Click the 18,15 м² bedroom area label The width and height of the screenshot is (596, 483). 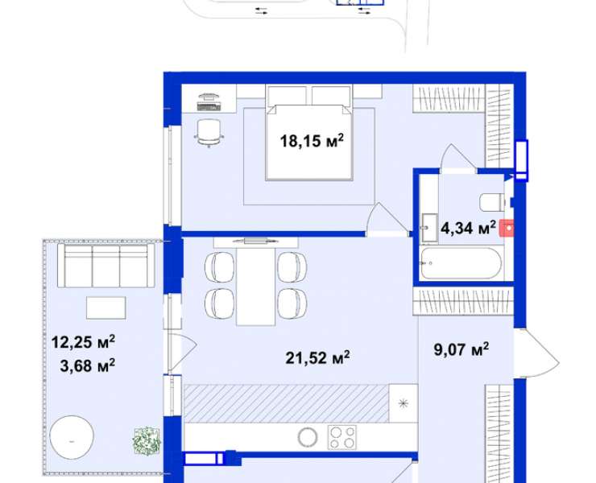coord(312,141)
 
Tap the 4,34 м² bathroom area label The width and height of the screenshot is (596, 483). coord(468,228)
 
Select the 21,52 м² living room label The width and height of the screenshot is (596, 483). coord(317,357)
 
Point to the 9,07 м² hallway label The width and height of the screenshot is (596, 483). coord(461,349)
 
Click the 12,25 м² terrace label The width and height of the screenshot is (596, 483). coord(83,342)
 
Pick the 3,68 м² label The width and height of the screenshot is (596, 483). coord(88,366)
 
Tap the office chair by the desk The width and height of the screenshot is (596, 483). coord(209,132)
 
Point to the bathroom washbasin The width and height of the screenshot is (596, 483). coord(429,228)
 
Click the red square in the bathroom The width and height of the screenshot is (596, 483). coord(507,229)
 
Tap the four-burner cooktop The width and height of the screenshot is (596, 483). coord(342,437)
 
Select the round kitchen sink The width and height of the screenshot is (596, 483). coord(307,437)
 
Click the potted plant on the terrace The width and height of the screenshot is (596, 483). coord(147,441)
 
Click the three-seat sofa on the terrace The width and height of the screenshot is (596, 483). coord(106,266)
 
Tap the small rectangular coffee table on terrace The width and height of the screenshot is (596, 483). coord(106,308)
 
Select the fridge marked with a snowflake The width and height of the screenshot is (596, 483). coord(404,403)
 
